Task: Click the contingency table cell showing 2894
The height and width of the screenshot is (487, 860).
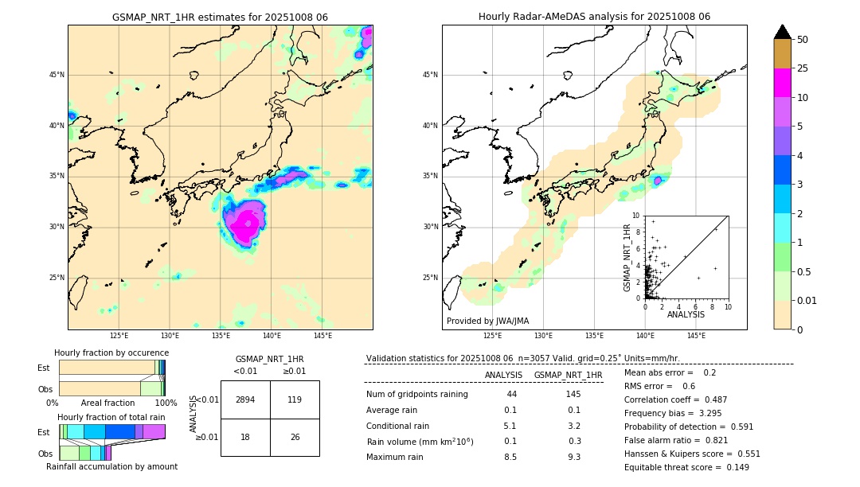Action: (245, 399)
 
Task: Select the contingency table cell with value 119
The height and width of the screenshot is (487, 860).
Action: (294, 399)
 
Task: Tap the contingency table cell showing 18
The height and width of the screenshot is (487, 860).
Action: (245, 438)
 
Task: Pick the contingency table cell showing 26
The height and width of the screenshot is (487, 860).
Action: (294, 438)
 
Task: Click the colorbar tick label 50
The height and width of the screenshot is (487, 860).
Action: (803, 40)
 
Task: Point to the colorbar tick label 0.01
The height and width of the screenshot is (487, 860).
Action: (807, 300)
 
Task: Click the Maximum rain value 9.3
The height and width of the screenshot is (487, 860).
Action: (573, 457)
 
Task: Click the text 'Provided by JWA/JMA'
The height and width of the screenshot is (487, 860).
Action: (487, 321)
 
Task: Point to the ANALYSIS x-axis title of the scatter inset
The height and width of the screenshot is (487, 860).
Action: (686, 315)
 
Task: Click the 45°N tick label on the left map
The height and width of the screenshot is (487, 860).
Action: (57, 75)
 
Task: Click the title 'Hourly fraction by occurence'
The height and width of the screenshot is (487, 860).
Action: (111, 353)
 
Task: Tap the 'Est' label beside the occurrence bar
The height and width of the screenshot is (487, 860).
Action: (44, 368)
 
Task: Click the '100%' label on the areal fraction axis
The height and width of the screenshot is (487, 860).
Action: (166, 403)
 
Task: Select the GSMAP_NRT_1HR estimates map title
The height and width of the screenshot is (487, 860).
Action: (220, 17)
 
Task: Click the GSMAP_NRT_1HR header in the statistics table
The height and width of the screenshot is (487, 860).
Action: (568, 375)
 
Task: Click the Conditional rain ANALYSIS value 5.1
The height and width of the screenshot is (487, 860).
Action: (510, 426)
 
